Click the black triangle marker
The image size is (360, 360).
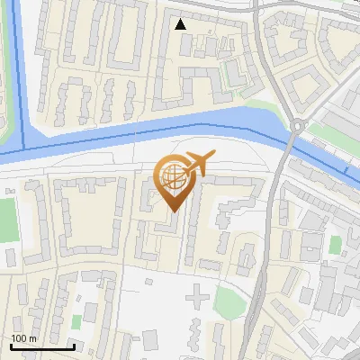[x=181, y=24]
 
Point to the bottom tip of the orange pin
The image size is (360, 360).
[x=174, y=212]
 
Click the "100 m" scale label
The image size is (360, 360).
[x=23, y=337]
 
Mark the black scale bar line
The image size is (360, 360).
[x=42, y=346]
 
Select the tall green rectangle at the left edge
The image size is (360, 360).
[x=7, y=221]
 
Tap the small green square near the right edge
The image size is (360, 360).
[x=336, y=244]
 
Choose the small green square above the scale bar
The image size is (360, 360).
[x=77, y=320]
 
